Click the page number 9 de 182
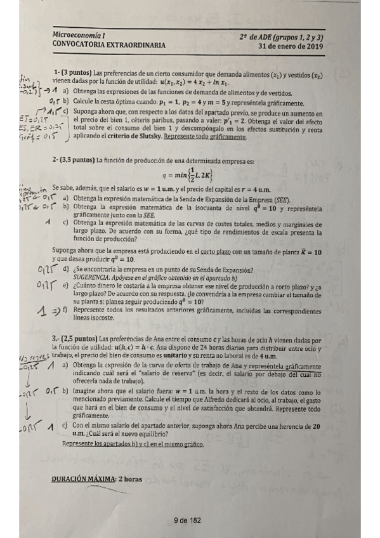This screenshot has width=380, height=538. click(187, 520)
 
